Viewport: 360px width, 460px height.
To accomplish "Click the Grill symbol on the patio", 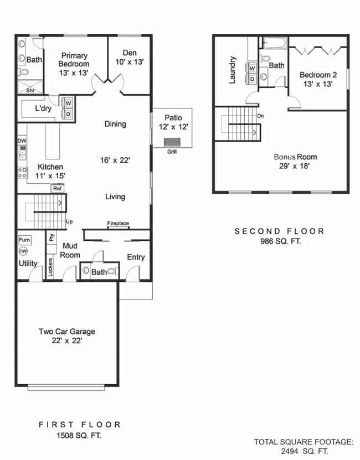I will (172, 142).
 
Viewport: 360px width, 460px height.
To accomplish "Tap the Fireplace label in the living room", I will (118, 224).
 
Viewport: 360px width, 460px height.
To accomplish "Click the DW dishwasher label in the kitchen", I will (22, 141).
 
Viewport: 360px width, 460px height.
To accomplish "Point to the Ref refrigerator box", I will (57, 188).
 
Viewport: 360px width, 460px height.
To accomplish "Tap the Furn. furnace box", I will (24, 240).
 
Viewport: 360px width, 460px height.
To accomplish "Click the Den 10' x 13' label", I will (130, 58).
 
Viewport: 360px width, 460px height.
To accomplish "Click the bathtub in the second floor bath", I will (274, 43).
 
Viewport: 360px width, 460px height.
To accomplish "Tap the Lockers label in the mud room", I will (50, 267).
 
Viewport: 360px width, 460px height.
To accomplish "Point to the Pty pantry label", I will (52, 237).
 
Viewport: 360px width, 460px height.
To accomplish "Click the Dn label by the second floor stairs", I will (260, 116).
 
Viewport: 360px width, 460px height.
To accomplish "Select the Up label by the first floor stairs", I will (70, 221).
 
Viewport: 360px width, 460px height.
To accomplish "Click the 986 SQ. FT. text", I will (280, 241).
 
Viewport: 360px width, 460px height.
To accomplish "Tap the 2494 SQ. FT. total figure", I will (304, 451).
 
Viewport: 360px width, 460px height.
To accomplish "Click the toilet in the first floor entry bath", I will (112, 271).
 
